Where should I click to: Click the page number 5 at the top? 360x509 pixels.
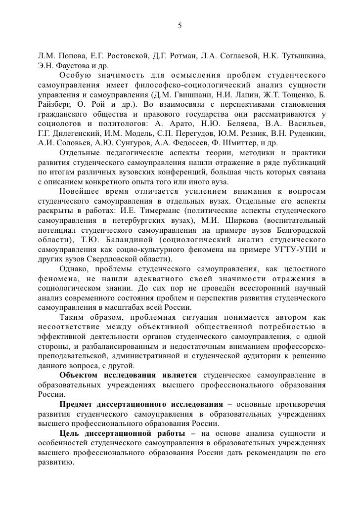tap(180, 25)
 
